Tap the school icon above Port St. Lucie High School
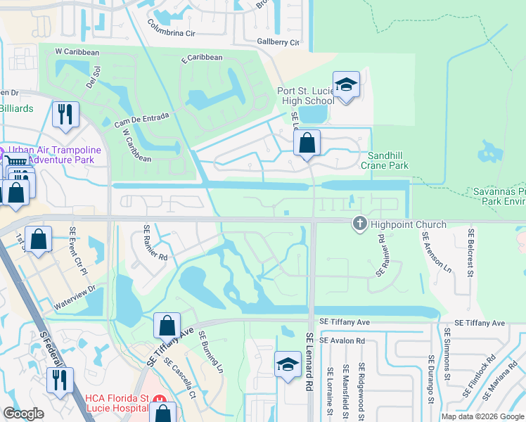coord(346,85)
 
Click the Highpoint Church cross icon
coord(359,224)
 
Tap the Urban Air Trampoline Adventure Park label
coord(55,155)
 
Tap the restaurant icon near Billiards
coord(65,115)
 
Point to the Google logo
coord(24,414)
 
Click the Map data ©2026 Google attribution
coord(482,416)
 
